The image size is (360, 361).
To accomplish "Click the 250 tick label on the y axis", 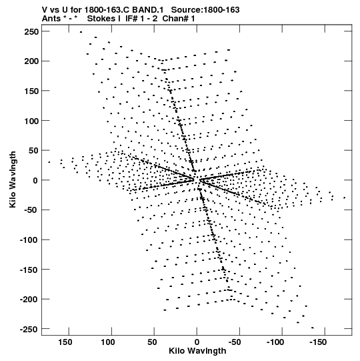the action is click(x=31, y=31).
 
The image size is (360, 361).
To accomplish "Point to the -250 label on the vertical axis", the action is click(x=29, y=329).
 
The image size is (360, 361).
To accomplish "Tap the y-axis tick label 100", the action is click(x=31, y=121).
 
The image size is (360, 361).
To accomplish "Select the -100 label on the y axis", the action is click(x=29, y=240).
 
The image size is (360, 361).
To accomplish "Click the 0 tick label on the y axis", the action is click(x=35, y=180).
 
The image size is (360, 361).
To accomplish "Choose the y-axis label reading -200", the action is click(x=29, y=300).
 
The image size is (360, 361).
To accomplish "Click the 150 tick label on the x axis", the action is click(x=65, y=342).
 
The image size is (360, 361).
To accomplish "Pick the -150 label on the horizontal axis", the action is click(x=318, y=342).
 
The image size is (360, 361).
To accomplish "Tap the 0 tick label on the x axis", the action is click(x=197, y=342).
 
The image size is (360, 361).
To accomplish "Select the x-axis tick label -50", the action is click(x=235, y=342).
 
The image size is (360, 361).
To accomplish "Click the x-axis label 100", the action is click(x=108, y=342).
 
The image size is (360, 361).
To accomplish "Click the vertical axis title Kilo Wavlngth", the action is click(x=13, y=179).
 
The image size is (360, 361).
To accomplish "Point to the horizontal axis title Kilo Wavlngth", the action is click(x=197, y=351).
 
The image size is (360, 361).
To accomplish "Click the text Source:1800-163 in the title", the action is click(x=205, y=10).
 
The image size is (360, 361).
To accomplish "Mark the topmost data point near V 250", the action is click(x=81, y=32).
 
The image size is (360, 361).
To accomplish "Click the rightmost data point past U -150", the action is click(x=345, y=198).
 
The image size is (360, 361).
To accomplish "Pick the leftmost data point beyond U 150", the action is click(x=49, y=162).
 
